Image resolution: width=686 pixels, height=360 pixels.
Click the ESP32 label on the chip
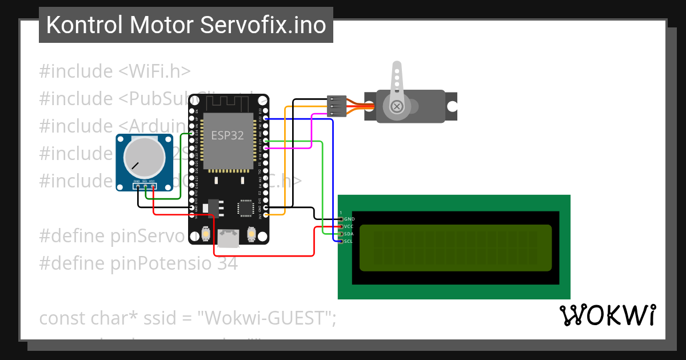228,135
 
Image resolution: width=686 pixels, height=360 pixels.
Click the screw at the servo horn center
396,106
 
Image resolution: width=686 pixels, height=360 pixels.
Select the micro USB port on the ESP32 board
230,238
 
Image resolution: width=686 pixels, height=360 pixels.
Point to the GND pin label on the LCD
349,219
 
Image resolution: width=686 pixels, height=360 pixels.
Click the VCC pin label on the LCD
349,226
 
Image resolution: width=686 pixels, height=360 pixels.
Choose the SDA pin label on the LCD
349,234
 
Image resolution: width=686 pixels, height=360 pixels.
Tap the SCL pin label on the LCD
349,241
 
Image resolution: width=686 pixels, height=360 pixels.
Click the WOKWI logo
607,315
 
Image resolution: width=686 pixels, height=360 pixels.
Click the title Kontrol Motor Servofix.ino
186,25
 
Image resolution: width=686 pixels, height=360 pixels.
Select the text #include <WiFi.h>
115,71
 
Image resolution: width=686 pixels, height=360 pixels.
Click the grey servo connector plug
336,106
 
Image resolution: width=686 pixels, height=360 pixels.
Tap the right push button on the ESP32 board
251,234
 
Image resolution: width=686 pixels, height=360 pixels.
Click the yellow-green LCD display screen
456,247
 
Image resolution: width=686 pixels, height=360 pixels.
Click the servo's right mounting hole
452,106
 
